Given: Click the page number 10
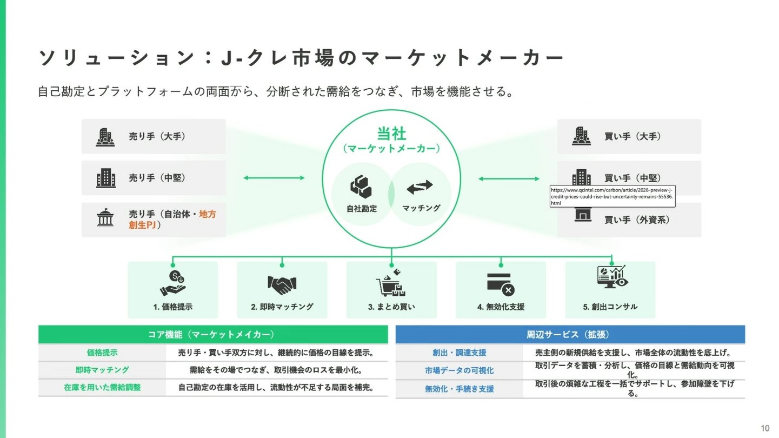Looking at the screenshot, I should (x=765, y=428).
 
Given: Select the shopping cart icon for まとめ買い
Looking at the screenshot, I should (x=391, y=283).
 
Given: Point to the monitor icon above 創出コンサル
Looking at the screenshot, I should (x=610, y=277).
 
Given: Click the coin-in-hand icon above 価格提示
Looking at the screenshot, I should (x=172, y=283).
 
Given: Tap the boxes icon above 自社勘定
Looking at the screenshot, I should (x=361, y=187).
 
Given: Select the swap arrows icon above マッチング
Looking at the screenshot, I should (x=420, y=187).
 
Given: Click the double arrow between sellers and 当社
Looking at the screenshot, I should (x=274, y=177).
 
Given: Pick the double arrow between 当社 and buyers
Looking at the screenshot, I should (x=509, y=178).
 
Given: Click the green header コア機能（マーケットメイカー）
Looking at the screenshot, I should (x=213, y=335).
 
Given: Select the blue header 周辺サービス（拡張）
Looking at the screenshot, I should (x=570, y=335).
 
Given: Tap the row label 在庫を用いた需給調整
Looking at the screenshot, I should (x=102, y=387).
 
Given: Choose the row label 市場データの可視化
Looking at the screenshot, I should (x=459, y=370).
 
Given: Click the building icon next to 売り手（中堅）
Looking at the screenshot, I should (x=106, y=178).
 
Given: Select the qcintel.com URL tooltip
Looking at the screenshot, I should (x=612, y=196).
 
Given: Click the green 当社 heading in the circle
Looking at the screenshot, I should (x=391, y=134).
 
